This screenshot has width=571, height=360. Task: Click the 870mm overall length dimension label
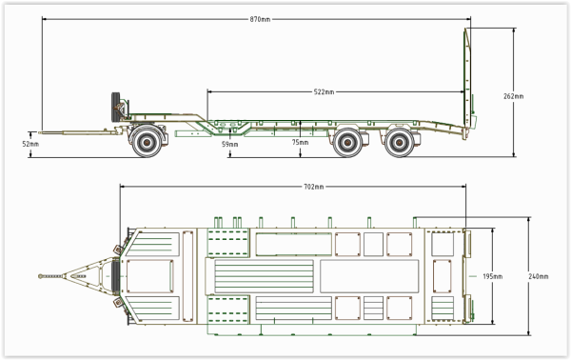tap(260, 19)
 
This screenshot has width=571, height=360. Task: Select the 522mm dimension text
tap(324, 91)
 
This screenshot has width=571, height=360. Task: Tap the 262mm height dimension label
tap(514, 96)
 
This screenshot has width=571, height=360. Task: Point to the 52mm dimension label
tap(30, 144)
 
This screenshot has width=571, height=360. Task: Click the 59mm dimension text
tap(229, 145)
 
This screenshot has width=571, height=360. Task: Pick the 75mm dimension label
tap(300, 142)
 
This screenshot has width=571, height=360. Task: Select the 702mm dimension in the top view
tap(313, 187)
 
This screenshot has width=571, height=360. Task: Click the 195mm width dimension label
tap(492, 276)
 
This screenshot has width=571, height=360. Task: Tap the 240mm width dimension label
tap(539, 276)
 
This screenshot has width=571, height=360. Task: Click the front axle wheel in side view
tap(148, 142)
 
